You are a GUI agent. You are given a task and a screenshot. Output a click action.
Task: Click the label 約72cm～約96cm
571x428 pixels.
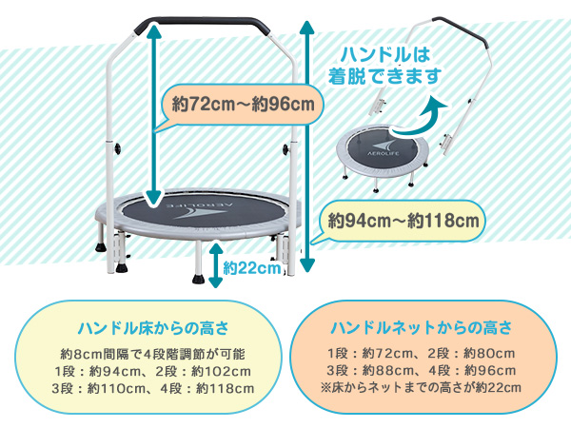pos(239,102)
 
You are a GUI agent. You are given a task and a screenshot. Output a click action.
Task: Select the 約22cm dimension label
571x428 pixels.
pos(252,268)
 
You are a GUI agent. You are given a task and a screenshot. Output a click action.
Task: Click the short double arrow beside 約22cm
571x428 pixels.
pos(216,259)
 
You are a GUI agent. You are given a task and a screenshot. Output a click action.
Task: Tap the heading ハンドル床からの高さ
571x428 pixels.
pos(152,329)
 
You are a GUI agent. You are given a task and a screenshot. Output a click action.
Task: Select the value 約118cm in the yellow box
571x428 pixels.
pos(222,388)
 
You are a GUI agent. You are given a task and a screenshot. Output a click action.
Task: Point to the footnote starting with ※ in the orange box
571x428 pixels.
pos(421,387)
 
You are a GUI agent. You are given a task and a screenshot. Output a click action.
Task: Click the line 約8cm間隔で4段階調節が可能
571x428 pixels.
pos(153,354)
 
